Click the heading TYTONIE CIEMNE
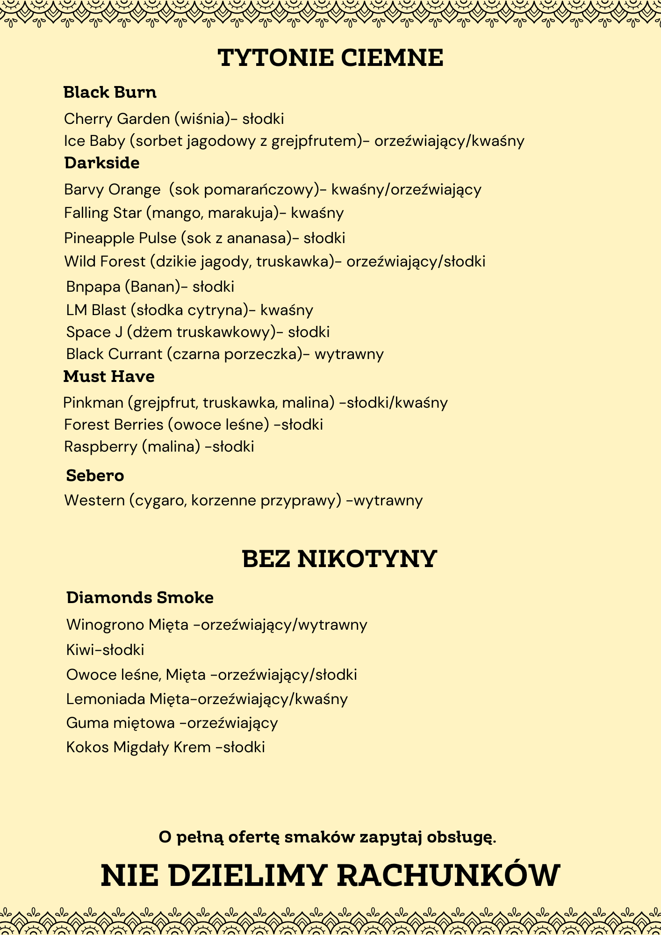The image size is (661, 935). point(330,58)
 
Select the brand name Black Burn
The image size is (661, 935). point(110,93)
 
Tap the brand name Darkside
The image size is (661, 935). point(102,163)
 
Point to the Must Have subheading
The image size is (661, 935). point(109,376)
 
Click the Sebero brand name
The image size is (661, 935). point(95,475)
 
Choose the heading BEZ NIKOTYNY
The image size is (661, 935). point(339,559)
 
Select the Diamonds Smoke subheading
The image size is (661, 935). point(140,597)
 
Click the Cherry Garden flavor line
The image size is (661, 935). point(174,119)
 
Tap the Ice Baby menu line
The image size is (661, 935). point(294,141)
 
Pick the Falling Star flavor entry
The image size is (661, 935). point(204,213)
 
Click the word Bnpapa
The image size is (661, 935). point(93,287)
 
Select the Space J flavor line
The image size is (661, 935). point(198,332)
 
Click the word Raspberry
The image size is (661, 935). point(100,446)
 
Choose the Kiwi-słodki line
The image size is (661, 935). point(105,650)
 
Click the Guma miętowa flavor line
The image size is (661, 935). point(172,723)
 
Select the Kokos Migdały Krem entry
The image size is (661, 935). point(165,747)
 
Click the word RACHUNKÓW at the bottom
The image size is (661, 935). point(448,875)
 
